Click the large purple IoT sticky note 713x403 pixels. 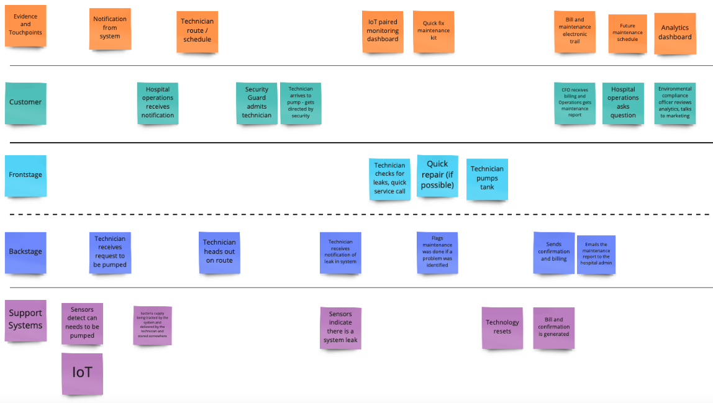(82, 373)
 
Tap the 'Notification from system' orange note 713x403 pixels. (110, 28)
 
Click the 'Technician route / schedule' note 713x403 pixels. (197, 31)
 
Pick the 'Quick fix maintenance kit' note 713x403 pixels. (434, 31)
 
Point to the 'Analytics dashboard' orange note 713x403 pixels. (674, 33)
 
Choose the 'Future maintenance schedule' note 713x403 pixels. (627, 33)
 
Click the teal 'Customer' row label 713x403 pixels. (25, 102)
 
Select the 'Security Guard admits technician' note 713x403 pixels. (257, 103)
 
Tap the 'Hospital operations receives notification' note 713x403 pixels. (158, 102)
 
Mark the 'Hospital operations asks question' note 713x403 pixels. (623, 102)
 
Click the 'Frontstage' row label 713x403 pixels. (25, 176)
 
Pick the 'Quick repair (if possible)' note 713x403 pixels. (437, 175)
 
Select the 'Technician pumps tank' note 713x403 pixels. (487, 178)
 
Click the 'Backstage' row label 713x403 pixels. (25, 252)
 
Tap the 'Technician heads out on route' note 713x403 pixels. (219, 251)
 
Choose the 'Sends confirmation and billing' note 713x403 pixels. (554, 252)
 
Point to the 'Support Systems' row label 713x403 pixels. (25, 320)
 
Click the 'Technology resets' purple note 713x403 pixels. (502, 327)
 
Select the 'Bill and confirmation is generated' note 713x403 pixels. (553, 327)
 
